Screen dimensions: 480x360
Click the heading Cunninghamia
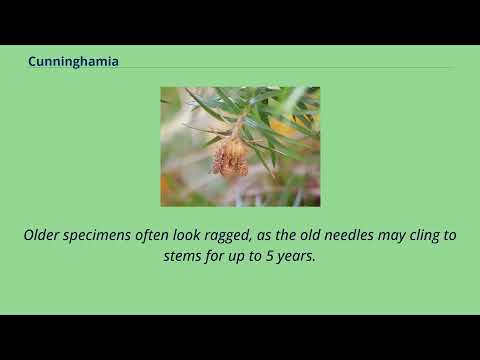tap(73, 61)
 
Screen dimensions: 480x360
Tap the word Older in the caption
tap(41, 235)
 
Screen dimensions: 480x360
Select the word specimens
tap(97, 236)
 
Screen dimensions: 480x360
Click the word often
tap(152, 235)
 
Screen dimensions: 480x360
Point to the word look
tap(187, 235)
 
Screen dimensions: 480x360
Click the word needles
tap(349, 235)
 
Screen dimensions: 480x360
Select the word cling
tap(422, 236)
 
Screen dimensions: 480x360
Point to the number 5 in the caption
tap(269, 256)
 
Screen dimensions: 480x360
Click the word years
tap(296, 257)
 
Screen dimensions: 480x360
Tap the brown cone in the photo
tap(230, 158)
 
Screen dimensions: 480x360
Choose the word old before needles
tap(310, 235)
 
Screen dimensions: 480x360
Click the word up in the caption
tap(235, 257)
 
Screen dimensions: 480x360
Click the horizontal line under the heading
tap(240, 68)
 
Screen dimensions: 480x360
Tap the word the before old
tap(285, 235)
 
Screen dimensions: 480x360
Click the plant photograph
tap(240, 147)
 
